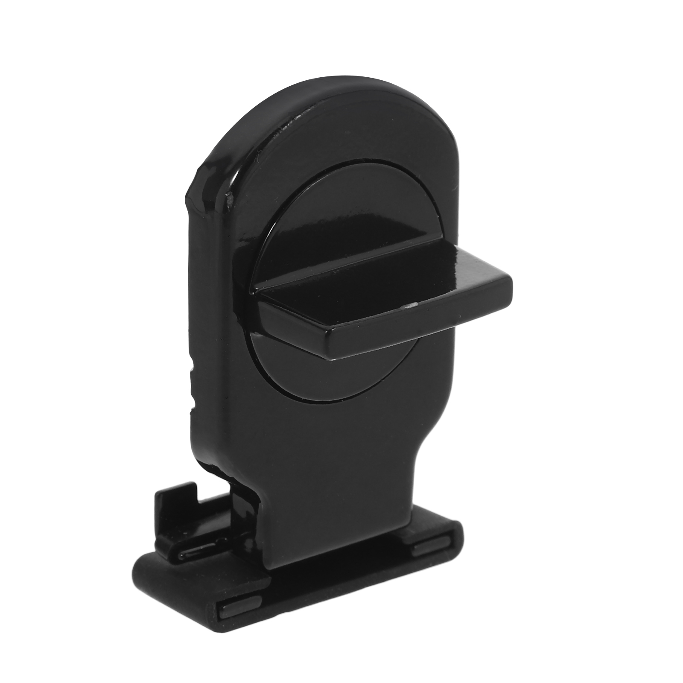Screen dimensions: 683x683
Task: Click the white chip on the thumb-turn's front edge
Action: click(411, 305)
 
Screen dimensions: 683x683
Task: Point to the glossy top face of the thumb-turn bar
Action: click(384, 273)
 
